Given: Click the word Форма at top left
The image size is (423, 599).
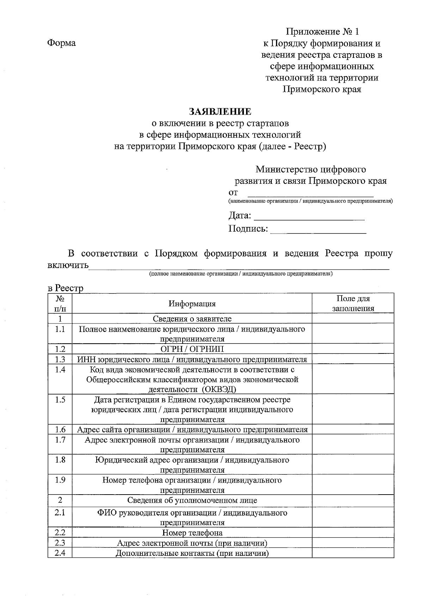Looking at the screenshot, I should coord(61,43).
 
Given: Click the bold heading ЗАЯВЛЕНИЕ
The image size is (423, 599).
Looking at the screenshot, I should coord(220,112).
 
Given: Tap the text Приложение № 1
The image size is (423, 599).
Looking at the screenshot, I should coord(322,32).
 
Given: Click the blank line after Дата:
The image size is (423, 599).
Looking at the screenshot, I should coord(309,217).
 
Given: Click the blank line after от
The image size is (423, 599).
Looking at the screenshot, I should coord(310,193).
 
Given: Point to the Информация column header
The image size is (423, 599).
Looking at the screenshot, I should coord(192,304).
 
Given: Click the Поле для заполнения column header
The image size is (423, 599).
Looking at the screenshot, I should coord(353,303).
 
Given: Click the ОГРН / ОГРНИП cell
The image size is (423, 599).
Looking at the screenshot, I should coord(192,349).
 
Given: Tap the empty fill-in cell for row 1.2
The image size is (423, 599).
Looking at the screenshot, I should coord(353,349).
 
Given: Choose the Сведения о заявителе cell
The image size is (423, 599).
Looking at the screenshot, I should coord(192,319).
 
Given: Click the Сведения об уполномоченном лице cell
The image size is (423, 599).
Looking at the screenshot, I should coord(192,500).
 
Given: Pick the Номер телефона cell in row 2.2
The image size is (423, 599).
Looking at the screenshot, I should coord(192,533).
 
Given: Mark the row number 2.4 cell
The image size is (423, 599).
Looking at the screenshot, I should coord(60,553).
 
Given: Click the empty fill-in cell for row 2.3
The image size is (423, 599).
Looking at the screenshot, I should coord(353,543).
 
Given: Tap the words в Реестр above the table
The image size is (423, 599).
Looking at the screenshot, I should coord(66,288).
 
